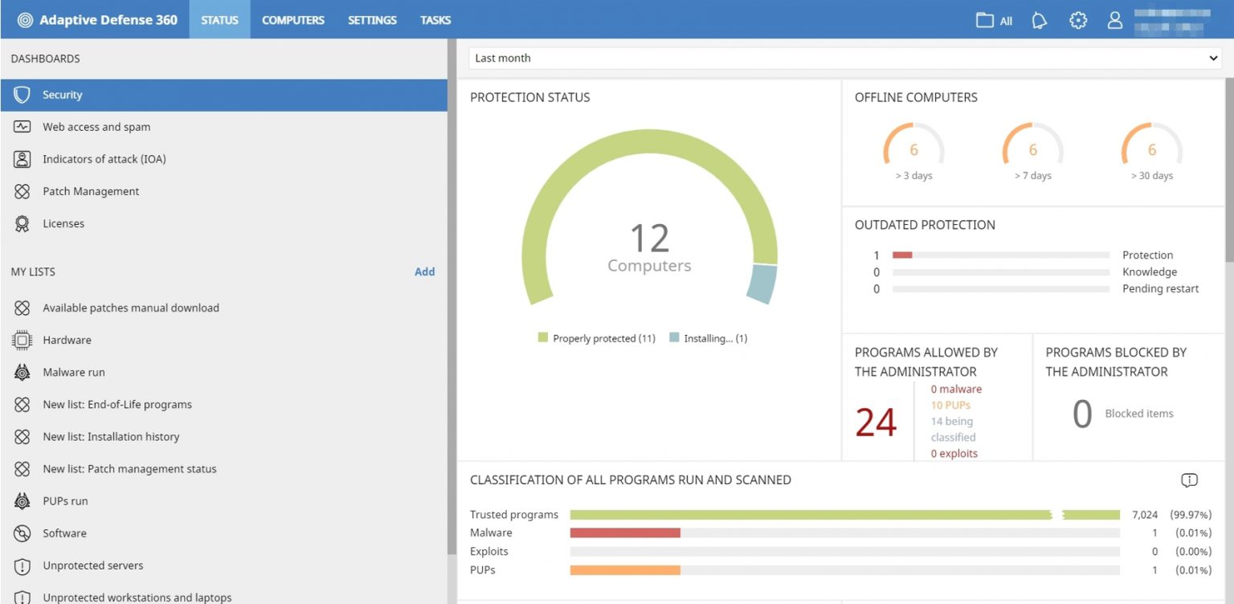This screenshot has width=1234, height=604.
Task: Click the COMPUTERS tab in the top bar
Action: tap(293, 20)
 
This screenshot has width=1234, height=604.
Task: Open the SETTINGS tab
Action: tap(372, 20)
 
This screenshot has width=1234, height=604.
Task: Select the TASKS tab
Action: tap(435, 20)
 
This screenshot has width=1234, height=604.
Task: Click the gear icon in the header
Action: tap(1078, 21)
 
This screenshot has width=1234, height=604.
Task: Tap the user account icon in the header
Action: tap(1114, 21)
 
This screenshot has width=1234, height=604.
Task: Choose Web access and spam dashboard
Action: tap(96, 127)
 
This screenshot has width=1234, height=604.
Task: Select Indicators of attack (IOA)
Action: tap(104, 159)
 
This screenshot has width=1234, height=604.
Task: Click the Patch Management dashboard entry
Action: tap(91, 191)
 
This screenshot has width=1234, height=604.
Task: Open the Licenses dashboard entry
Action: tap(63, 223)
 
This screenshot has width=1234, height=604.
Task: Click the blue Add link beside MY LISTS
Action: tap(424, 271)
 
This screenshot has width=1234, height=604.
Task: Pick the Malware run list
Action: tap(74, 372)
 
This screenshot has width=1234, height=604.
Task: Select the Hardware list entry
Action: tap(67, 340)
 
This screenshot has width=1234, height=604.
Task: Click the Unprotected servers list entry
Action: tap(93, 565)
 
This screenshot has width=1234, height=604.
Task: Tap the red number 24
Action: tap(876, 422)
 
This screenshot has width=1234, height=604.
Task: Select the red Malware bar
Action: tap(625, 533)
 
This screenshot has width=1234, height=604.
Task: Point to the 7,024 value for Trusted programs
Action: tap(1145, 514)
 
